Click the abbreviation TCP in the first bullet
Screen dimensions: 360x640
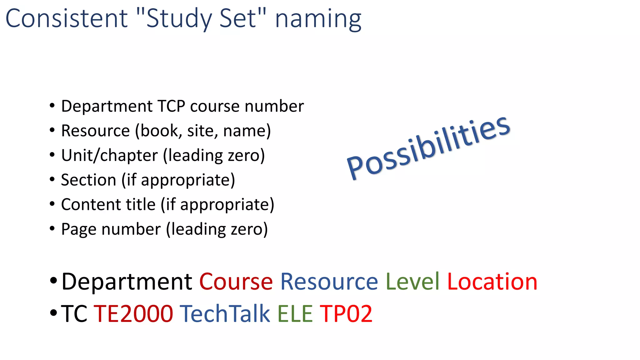(171, 106)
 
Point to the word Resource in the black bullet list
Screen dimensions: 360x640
(95, 131)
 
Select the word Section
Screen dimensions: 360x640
(88, 180)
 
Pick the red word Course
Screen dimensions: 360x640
(236, 282)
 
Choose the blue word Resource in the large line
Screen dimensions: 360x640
(329, 282)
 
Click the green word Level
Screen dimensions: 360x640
(412, 282)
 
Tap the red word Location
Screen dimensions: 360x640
(492, 282)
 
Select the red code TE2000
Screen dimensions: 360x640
(133, 313)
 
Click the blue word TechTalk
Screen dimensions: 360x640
(225, 313)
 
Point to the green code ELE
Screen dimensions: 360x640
(295, 313)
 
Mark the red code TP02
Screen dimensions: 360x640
(346, 313)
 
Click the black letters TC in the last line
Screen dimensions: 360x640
(74, 313)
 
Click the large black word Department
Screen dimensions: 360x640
(127, 282)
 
